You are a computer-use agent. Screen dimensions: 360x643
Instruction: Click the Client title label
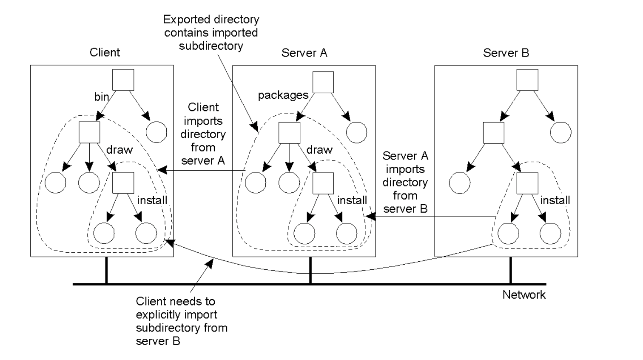pyautogui.click(x=105, y=52)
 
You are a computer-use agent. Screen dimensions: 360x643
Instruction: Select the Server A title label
pyautogui.click(x=304, y=53)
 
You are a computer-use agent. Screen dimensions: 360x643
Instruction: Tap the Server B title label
pyautogui.click(x=506, y=53)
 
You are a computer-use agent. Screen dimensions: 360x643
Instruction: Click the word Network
pyautogui.click(x=524, y=294)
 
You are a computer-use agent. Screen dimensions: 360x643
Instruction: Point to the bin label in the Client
pyautogui.click(x=102, y=97)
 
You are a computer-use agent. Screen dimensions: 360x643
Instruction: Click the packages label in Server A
pyautogui.click(x=283, y=95)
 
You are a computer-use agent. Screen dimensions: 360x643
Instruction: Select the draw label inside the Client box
pyautogui.click(x=119, y=150)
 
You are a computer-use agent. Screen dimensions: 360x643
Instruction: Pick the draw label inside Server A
pyautogui.click(x=319, y=150)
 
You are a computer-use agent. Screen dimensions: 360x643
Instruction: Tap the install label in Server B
pyautogui.click(x=555, y=200)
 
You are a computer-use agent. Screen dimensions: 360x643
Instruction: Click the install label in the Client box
pyautogui.click(x=152, y=200)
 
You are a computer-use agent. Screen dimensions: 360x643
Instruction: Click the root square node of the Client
pyautogui.click(x=123, y=80)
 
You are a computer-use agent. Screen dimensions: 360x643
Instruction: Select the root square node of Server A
pyautogui.click(x=323, y=82)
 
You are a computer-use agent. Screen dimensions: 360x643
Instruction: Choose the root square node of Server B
pyautogui.click(x=527, y=80)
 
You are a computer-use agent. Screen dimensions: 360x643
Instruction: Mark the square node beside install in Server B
pyautogui.click(x=527, y=183)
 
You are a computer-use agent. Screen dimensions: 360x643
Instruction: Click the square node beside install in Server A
pyautogui.click(x=323, y=183)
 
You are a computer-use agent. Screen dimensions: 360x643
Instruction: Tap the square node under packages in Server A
pyautogui.click(x=289, y=133)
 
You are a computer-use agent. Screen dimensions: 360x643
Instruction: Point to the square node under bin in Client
pyautogui.click(x=89, y=133)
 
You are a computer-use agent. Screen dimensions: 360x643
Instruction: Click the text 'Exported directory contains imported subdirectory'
pyautogui.click(x=211, y=33)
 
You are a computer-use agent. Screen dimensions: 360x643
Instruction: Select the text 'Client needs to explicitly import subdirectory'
pyautogui.click(x=181, y=321)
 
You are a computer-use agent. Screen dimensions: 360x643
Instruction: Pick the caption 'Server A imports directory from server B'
pyautogui.click(x=405, y=182)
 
